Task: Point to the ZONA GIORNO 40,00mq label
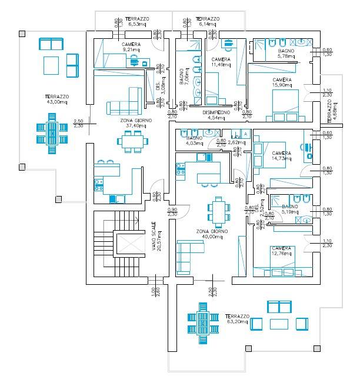[212, 235]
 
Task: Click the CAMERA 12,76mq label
[282, 251]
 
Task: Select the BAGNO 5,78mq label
[289, 54]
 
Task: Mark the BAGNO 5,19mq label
[290, 210]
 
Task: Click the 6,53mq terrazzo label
[136, 22]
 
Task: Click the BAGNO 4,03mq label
[194, 140]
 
